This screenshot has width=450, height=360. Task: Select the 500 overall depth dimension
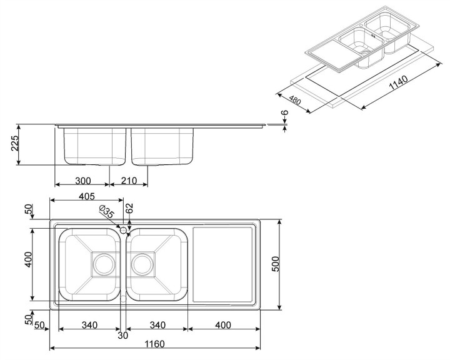point(274,264)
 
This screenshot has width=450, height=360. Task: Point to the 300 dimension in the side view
point(82,181)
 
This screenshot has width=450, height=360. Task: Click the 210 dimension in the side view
point(129,181)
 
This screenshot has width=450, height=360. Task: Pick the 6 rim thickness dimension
point(285,114)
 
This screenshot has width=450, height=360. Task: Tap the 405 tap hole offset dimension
point(87,196)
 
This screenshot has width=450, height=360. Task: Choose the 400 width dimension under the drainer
point(224,325)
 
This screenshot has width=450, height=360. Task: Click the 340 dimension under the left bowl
point(89,325)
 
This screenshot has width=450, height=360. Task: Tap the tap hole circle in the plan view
point(123,231)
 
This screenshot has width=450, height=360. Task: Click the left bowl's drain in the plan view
point(103,264)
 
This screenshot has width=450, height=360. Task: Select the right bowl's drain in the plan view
point(142,264)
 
